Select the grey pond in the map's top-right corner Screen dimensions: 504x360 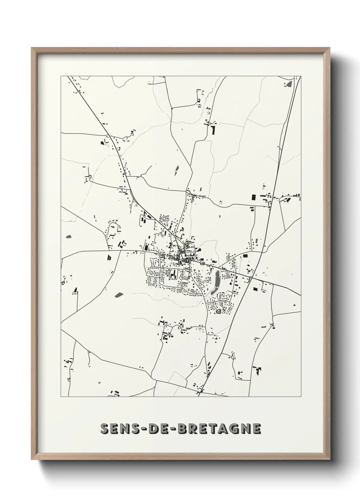289,83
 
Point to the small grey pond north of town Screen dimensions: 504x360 177,169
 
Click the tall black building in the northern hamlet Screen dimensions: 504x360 214,130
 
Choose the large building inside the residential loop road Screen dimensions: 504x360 174,274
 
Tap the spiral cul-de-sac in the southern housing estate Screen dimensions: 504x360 218,311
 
